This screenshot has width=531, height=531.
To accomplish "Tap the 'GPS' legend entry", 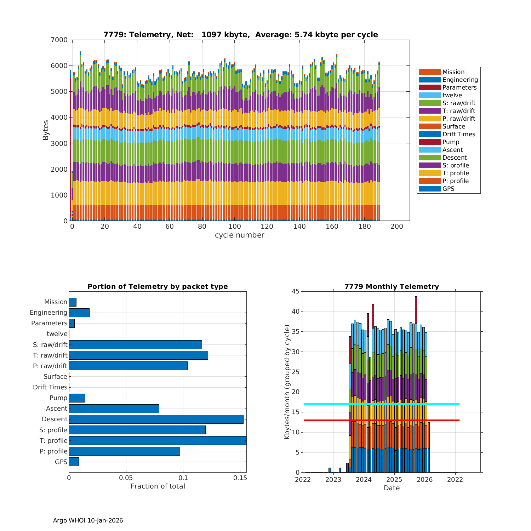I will (448, 189).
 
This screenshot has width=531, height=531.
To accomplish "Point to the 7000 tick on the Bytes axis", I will (59, 40).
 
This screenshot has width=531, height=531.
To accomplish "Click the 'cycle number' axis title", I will (239, 235).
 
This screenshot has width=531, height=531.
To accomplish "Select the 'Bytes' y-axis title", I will (46, 130).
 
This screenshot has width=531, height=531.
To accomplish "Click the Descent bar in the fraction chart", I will (156, 419).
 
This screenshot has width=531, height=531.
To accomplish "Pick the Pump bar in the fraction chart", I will (77, 398).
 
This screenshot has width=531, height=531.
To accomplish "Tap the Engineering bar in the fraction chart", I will (79, 313).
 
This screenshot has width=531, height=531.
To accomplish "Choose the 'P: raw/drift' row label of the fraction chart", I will (50, 366).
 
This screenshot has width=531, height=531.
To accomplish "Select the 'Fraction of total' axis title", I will (158, 486).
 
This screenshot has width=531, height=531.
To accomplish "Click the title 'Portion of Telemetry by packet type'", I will (158, 286).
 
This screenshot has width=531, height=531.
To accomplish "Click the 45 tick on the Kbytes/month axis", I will (295, 291).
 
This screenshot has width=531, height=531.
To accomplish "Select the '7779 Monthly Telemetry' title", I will (392, 286).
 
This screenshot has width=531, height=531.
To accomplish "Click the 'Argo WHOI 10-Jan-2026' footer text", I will (88, 520).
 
